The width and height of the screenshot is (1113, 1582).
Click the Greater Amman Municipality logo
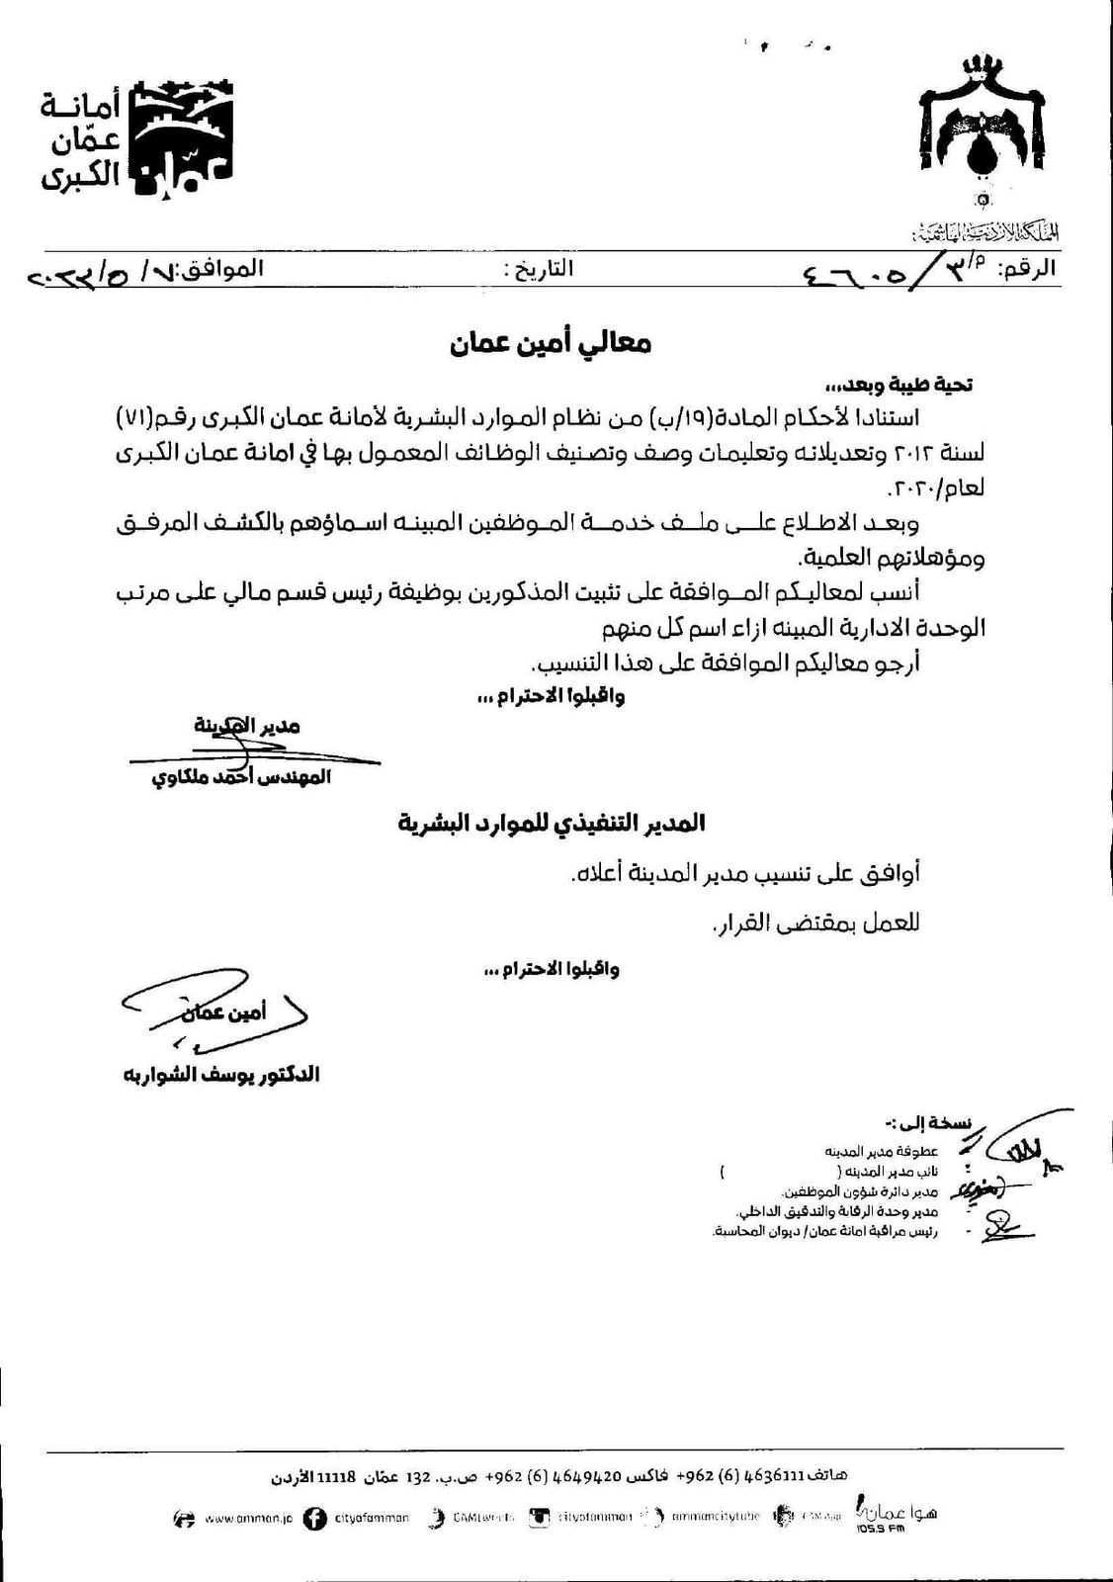tap(138, 138)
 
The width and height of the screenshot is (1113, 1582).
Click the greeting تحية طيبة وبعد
tap(900, 384)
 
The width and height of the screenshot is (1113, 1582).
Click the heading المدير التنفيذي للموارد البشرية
tap(552, 824)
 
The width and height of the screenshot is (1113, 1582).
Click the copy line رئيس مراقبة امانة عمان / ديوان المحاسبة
tap(824, 1232)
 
